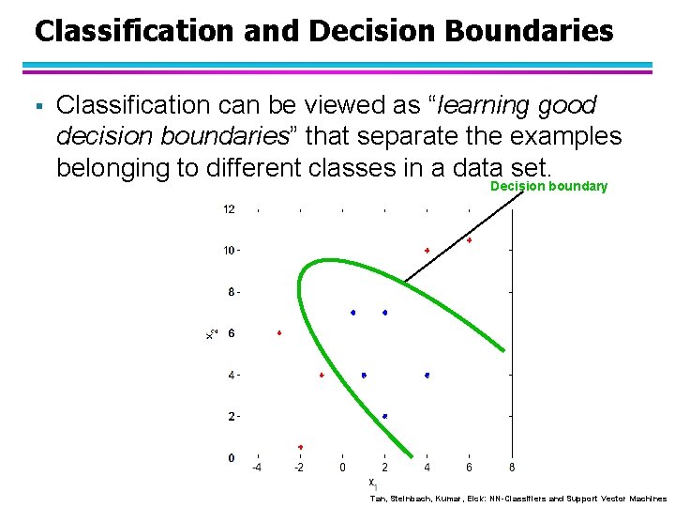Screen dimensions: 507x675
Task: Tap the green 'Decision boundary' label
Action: [548, 187]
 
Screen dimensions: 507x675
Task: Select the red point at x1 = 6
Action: [470, 240]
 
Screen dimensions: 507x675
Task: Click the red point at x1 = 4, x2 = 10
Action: [427, 251]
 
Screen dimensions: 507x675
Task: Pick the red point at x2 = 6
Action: [279, 333]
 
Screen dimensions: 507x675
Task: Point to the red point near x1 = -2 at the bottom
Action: [300, 447]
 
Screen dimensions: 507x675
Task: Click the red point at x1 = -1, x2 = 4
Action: [322, 375]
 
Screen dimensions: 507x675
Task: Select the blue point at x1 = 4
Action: [427, 375]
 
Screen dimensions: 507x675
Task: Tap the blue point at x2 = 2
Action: [385, 416]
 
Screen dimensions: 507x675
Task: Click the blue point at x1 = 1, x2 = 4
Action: [364, 375]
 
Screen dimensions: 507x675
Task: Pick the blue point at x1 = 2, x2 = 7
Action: [385, 313]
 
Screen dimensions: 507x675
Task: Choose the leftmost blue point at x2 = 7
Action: [353, 313]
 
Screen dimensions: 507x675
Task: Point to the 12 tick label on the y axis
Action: [229, 209]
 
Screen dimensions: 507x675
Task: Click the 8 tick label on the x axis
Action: [511, 468]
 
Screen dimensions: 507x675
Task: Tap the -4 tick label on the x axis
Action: [256, 468]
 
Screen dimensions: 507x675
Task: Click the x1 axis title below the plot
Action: [372, 484]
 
